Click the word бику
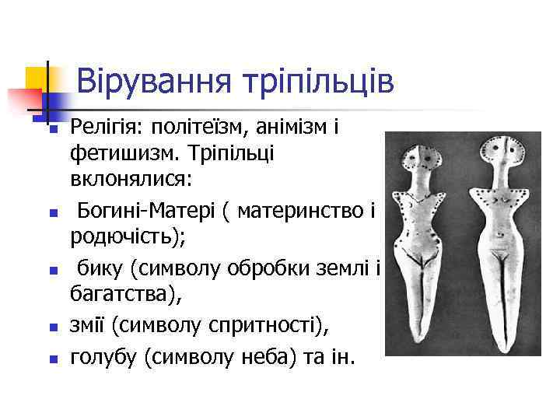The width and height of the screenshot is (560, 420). coord(100,269)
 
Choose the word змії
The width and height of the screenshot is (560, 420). coord(88,327)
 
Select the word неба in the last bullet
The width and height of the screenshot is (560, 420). coord(260,358)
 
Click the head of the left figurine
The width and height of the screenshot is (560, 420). coord(426,159)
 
